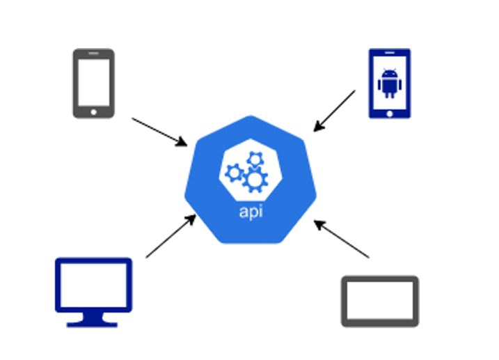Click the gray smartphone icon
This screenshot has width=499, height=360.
coord(93,83)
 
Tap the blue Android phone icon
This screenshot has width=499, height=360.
coord(389,83)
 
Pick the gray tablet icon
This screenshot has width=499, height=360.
coord(380,302)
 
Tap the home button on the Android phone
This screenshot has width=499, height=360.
coord(389,112)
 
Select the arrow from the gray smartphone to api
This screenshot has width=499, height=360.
coord(159,132)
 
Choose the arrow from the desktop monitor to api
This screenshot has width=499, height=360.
coord(171,237)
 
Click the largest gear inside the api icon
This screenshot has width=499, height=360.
coord(255,180)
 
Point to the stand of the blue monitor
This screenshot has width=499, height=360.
coord(93,320)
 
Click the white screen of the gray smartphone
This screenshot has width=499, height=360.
coord(93,79)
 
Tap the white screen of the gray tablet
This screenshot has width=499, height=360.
coord(380,302)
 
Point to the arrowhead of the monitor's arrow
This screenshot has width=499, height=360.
coord(192,219)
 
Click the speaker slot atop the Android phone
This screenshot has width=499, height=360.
coord(389,54)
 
